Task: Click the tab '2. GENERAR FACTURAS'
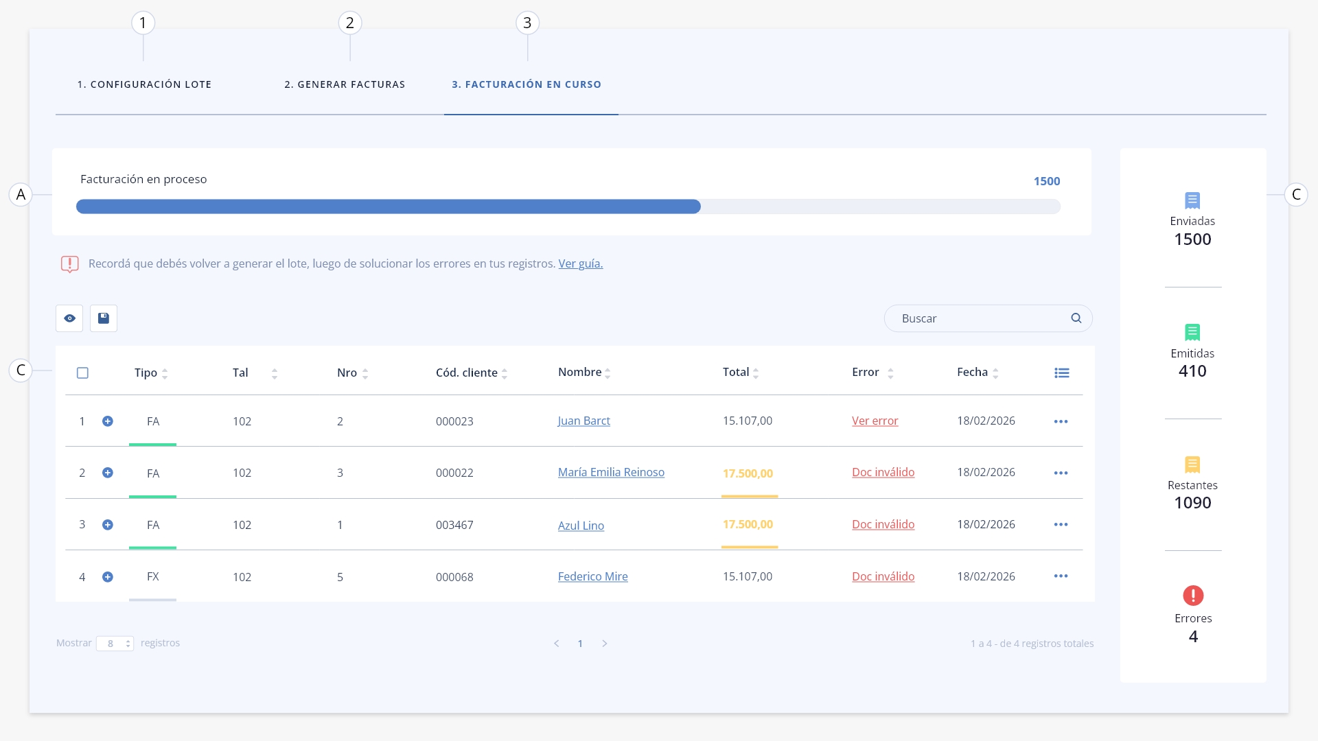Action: pos(345,84)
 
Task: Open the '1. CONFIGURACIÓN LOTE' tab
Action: pos(144,84)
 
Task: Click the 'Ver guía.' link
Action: pos(581,263)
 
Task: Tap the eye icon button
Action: pos(69,318)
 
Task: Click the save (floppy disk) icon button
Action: pos(104,318)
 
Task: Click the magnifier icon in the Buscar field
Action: pos(1076,318)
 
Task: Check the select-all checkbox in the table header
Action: pos(82,373)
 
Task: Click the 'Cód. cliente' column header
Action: pos(467,373)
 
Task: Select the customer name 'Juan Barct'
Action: pos(584,421)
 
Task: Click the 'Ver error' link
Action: pos(875,421)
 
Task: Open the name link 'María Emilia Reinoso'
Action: pos(611,472)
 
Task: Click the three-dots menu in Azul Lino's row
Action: pos(1061,525)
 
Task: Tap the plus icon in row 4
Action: pos(108,577)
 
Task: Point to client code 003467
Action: pos(454,526)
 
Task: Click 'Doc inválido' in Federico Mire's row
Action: pos(883,576)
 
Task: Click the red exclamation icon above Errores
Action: pos(1193,596)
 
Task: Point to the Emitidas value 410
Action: pos(1192,371)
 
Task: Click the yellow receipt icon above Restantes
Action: pos(1192,464)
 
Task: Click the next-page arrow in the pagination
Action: pos(605,644)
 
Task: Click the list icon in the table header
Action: pos(1062,373)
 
